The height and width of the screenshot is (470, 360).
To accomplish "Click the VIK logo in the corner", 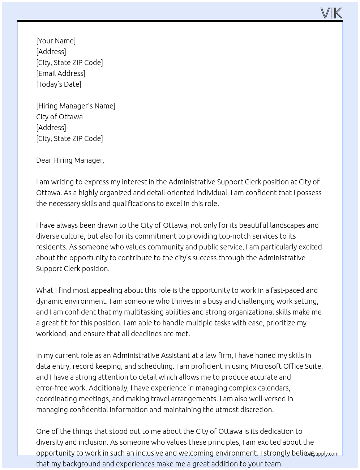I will (331, 13).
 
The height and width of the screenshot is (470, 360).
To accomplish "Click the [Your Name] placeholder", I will (56, 41).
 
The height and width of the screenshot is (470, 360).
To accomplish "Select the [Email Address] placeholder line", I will (61, 73).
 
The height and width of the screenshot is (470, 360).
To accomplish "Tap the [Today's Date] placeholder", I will (59, 84).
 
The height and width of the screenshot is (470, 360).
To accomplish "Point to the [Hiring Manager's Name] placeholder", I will (76, 106).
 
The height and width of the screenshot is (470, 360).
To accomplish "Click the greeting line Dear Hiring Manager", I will (70, 160).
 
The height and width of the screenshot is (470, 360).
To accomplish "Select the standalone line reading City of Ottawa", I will (59, 117).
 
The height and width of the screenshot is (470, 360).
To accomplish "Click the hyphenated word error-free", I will (51, 388).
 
